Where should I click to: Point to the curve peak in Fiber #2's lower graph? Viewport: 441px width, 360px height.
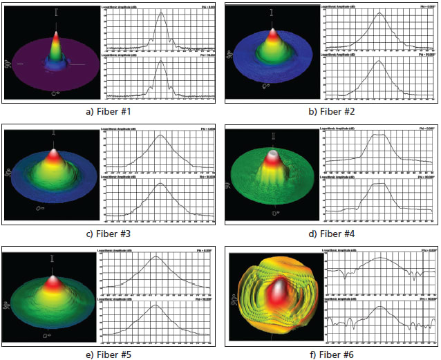tap(379, 62)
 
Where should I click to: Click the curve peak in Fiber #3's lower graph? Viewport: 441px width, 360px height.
tap(160, 184)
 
